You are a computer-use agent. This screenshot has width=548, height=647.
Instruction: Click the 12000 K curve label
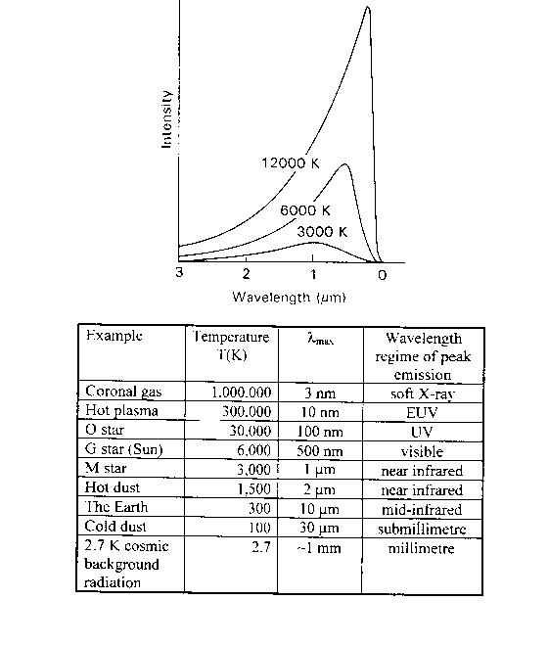pyautogui.click(x=291, y=163)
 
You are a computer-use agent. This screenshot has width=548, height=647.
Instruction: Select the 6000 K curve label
pyautogui.click(x=305, y=210)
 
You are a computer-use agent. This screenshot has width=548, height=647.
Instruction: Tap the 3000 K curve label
pyautogui.click(x=322, y=232)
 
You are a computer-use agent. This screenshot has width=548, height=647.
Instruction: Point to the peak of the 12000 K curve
pyautogui.click(x=368, y=8)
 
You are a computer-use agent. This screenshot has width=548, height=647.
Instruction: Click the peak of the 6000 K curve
pyautogui.click(x=344, y=164)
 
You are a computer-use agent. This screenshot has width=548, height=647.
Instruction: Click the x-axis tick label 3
pyautogui.click(x=179, y=272)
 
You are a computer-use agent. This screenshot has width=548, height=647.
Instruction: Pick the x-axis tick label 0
pyautogui.click(x=382, y=275)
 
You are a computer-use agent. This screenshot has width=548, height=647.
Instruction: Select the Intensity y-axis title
pyautogui.click(x=166, y=119)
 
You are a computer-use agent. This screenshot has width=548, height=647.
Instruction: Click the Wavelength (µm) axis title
pyautogui.click(x=289, y=298)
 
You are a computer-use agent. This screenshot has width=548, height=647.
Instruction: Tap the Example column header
pyautogui.click(x=114, y=336)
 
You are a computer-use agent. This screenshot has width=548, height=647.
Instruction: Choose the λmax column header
pyautogui.click(x=321, y=339)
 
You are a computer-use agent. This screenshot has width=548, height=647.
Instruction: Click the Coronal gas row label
pyautogui.click(x=123, y=392)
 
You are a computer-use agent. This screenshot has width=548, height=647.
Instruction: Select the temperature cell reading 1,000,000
pyautogui.click(x=242, y=392)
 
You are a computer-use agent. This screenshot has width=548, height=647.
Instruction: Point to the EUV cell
pyautogui.click(x=422, y=413)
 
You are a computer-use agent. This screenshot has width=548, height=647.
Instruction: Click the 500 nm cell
pyautogui.click(x=320, y=451)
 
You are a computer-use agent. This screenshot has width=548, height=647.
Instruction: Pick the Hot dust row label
pyautogui.click(x=113, y=487)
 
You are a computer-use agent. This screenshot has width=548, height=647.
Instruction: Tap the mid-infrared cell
pyautogui.click(x=422, y=510)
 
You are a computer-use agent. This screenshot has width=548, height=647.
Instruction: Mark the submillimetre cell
pyautogui.click(x=422, y=529)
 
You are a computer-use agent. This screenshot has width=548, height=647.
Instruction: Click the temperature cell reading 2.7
pyautogui.click(x=261, y=547)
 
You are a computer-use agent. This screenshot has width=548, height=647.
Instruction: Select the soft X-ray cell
pyautogui.click(x=422, y=394)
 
